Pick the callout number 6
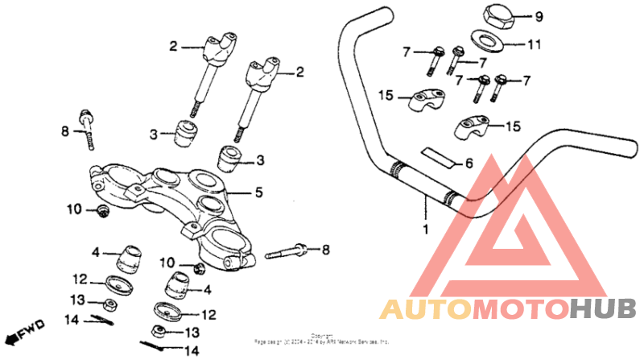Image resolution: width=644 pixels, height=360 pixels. pos(469,163)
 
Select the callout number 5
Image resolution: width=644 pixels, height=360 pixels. pos(258,193)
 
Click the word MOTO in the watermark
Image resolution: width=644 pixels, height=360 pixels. pos(518,308)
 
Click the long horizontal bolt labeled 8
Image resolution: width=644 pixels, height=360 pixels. pos(286,251)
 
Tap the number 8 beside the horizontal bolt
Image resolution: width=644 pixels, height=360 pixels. pos(327,250)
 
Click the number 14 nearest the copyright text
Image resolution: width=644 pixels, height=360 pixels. pos(192,351)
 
